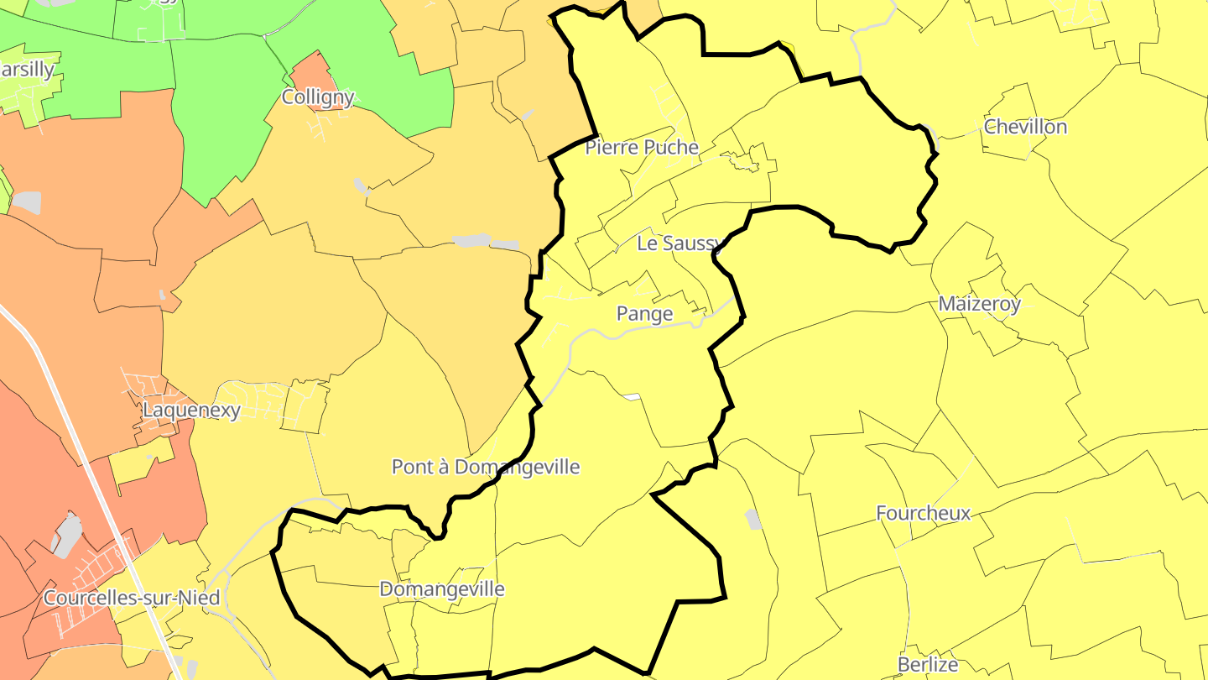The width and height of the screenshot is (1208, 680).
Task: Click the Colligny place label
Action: (x=318, y=97)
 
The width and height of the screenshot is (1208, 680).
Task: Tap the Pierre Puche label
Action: (x=642, y=148)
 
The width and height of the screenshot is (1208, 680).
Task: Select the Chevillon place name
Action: (x=1025, y=127)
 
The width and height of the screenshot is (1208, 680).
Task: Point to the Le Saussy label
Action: (x=679, y=243)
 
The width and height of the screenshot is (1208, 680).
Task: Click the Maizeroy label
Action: (x=979, y=304)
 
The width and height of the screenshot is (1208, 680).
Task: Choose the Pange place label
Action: (x=644, y=314)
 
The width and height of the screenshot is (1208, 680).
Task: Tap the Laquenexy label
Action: (x=191, y=411)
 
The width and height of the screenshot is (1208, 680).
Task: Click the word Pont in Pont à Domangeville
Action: (x=412, y=467)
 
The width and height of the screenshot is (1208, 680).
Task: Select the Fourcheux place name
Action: (x=923, y=513)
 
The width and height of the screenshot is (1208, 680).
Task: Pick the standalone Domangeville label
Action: (x=442, y=589)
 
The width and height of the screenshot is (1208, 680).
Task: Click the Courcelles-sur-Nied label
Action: (x=131, y=599)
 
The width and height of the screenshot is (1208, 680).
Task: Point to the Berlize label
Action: (x=927, y=665)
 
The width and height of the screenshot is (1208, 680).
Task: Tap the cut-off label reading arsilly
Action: (x=27, y=70)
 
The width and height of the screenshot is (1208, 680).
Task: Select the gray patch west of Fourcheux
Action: (x=753, y=520)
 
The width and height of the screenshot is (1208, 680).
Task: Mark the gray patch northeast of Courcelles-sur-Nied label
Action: (x=67, y=535)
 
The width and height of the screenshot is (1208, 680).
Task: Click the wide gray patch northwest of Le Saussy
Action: (x=473, y=241)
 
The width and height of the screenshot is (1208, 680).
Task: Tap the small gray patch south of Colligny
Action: (x=362, y=186)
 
